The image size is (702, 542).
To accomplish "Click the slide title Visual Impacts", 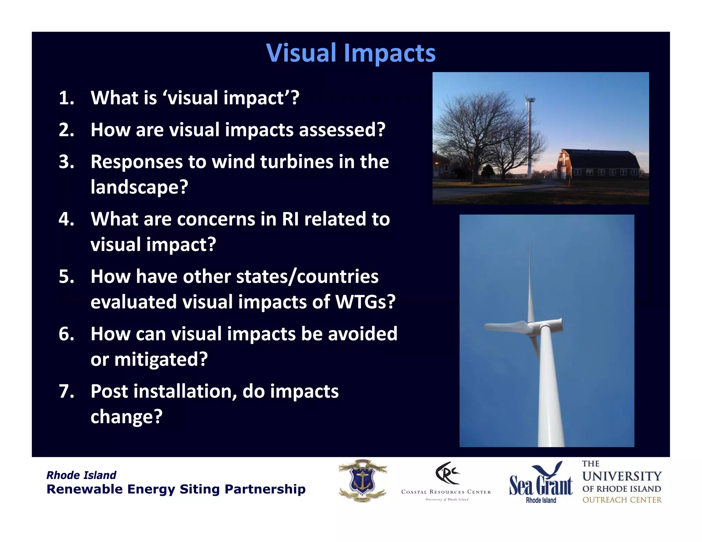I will point(351,53).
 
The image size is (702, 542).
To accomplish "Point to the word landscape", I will point(139,187).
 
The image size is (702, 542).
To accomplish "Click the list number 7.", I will point(66,391).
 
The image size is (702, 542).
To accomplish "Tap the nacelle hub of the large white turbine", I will point(545,325).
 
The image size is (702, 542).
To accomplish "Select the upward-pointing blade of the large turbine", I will point(530,281).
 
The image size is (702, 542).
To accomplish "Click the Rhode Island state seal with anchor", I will point(363,481).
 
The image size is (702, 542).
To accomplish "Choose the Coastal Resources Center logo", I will point(446,481).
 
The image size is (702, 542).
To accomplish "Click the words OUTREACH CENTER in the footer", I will point(622,500).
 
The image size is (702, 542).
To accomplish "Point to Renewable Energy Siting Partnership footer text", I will point(176,489).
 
